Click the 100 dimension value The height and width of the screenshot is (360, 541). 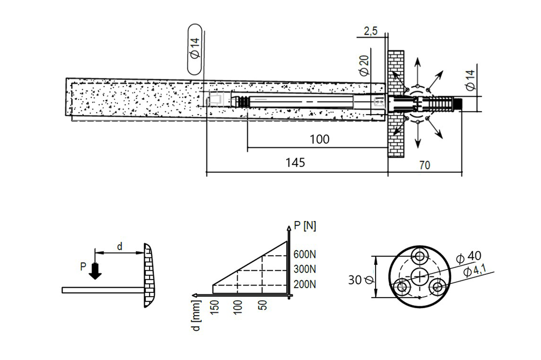pos(319,139)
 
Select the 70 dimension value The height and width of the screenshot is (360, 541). pos(425,165)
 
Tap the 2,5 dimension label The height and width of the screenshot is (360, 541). pos(370,32)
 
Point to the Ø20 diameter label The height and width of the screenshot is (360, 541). pos(363,64)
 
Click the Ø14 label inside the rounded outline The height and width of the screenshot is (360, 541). pos(195,49)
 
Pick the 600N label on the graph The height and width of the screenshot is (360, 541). pos(305,254)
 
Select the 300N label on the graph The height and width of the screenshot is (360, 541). pos(305,269)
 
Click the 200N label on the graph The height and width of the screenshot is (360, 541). pos(305,284)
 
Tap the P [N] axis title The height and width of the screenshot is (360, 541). pos(305,226)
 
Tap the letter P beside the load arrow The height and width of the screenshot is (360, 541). pos(83,266)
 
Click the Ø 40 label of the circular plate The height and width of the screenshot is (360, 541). pos(468,256)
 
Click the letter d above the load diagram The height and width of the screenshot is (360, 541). pos(119,246)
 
